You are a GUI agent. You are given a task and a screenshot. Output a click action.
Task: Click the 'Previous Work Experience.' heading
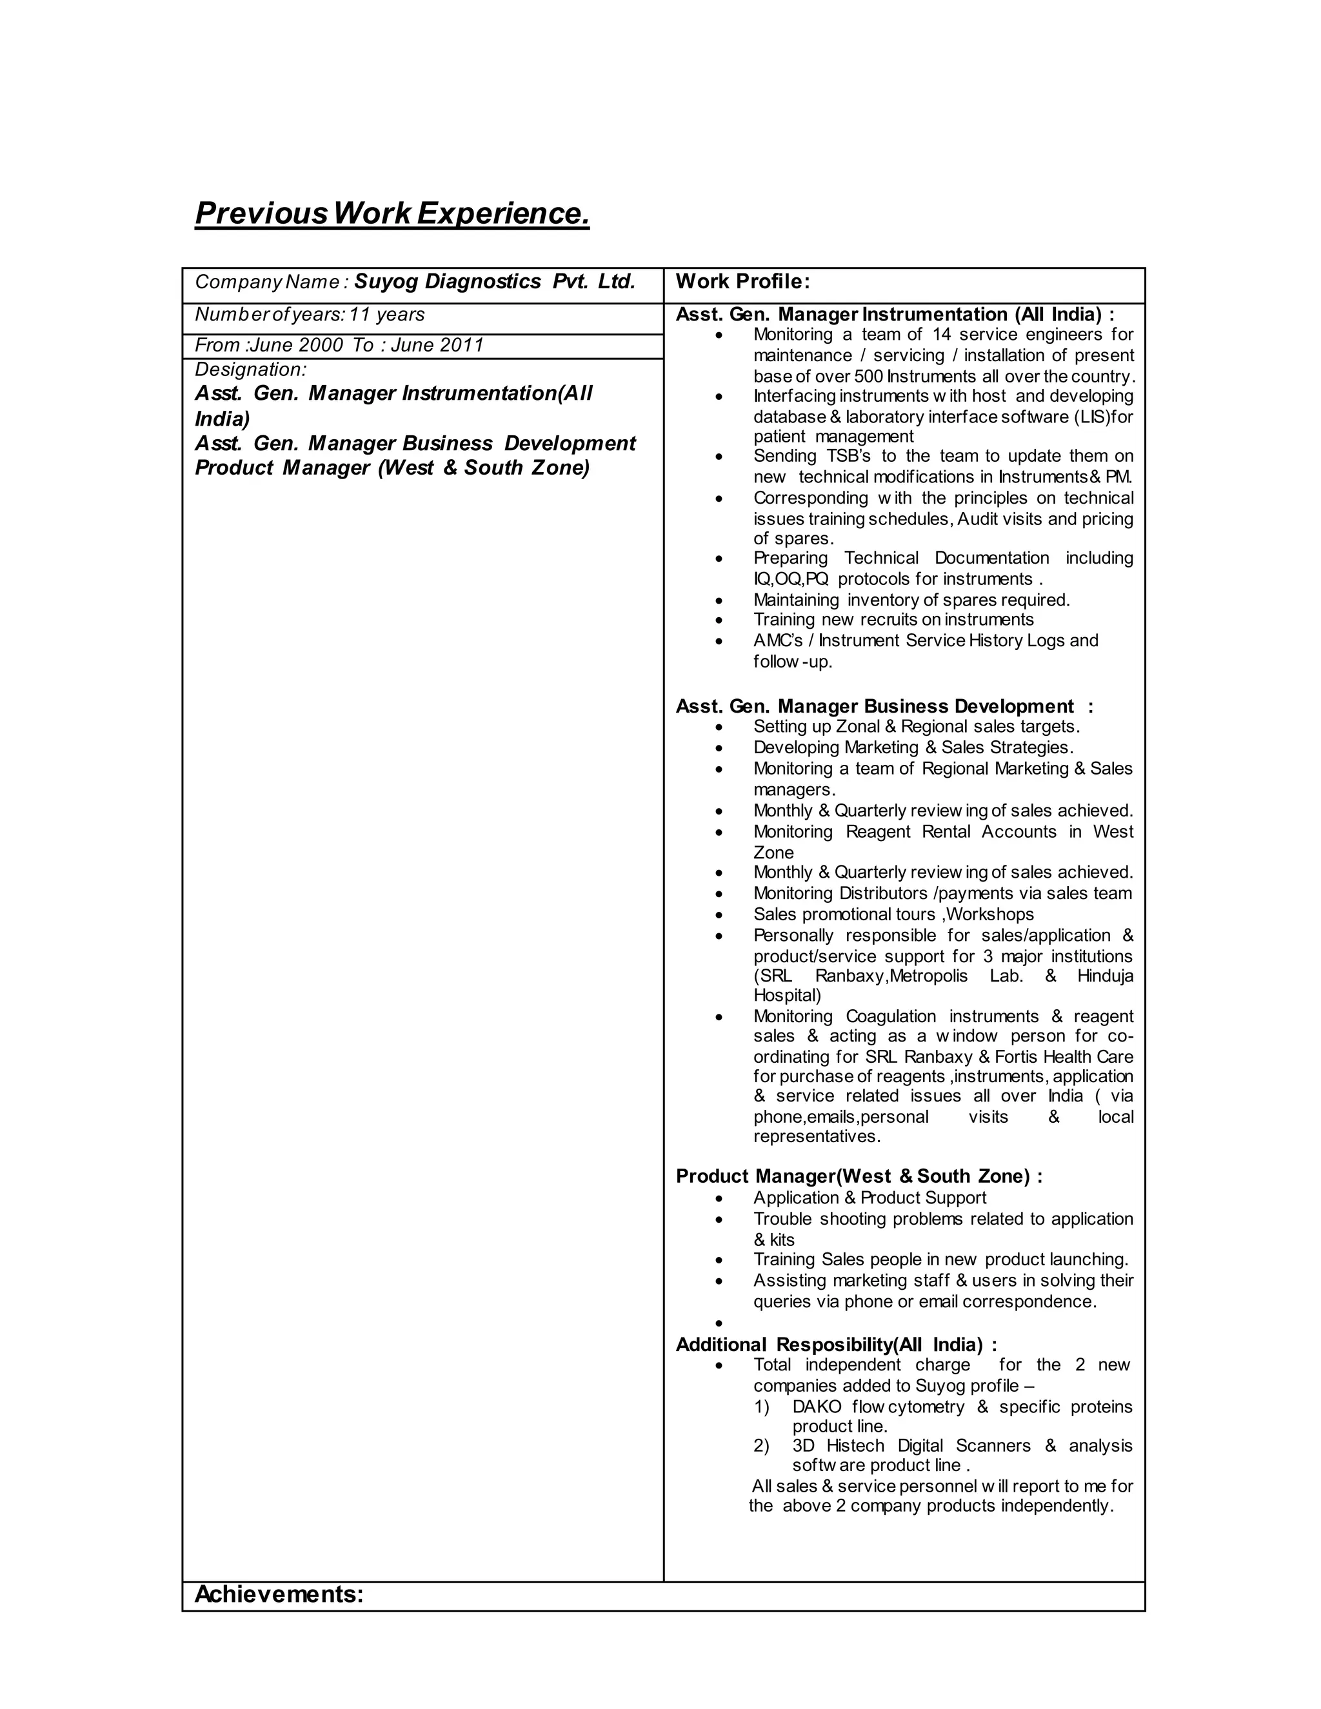[x=392, y=213]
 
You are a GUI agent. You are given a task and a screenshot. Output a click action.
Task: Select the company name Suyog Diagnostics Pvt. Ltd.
[x=495, y=282]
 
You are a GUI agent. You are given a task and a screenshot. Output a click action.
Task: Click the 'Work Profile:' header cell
[x=742, y=282]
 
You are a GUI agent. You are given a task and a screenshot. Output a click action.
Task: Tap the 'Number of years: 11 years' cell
[x=310, y=315]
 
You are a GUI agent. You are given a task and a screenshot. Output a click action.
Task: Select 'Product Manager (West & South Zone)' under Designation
[x=392, y=468]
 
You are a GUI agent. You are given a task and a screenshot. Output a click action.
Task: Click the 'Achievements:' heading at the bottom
[x=279, y=1594]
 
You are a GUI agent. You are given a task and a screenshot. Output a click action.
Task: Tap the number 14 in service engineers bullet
[x=942, y=335]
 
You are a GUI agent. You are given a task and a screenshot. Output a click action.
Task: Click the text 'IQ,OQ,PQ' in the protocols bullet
[x=790, y=579]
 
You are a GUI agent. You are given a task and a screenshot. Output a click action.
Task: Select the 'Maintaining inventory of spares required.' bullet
[x=911, y=600]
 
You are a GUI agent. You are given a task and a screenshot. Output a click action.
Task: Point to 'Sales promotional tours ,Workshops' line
[x=893, y=914]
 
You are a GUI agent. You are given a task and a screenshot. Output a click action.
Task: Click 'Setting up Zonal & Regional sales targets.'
[x=917, y=726]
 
